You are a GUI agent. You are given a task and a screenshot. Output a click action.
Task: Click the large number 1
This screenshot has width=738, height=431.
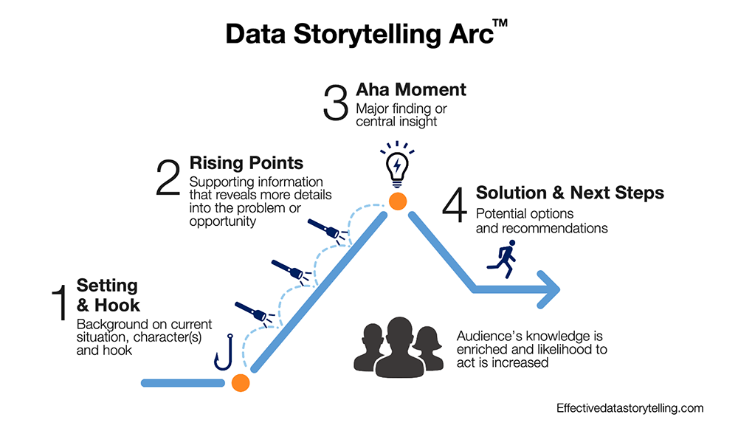tap(60, 303)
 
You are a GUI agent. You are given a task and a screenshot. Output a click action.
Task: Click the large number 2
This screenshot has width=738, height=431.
tap(168, 179)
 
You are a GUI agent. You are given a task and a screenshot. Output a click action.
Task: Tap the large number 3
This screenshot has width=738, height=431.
tap(337, 103)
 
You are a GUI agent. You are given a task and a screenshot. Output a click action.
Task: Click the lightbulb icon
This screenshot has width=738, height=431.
tap(397, 164)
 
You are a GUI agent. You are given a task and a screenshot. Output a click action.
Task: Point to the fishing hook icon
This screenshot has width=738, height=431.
tap(223, 354)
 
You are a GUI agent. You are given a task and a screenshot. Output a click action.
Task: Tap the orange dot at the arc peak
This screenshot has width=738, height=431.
tap(399, 201)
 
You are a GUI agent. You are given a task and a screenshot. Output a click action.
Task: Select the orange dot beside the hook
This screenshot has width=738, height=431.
tap(240, 382)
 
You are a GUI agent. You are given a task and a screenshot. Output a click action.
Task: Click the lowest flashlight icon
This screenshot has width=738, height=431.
tap(252, 311)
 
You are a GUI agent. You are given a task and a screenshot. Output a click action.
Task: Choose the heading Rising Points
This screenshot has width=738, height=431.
tap(246, 162)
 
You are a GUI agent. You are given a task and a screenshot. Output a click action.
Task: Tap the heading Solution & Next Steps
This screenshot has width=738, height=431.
tap(570, 193)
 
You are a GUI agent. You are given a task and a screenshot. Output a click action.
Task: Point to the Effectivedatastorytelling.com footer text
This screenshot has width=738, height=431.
tap(630, 407)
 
